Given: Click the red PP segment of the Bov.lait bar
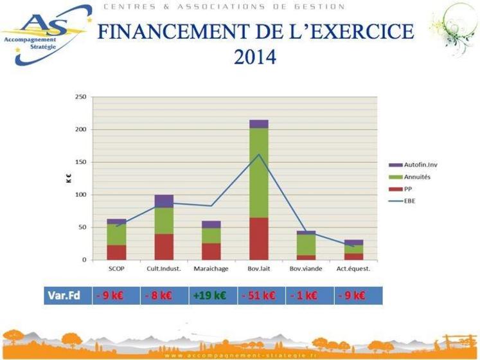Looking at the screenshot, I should point(259,239).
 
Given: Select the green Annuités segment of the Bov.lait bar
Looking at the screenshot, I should point(259,173).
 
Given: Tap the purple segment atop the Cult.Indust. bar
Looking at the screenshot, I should point(164,201).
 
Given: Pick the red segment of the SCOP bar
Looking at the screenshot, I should point(116,252).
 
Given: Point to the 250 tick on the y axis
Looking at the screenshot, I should point(80,97).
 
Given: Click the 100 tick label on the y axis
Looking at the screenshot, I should point(80,195).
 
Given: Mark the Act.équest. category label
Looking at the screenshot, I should point(354,269).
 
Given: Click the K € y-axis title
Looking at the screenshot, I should point(66,179).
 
